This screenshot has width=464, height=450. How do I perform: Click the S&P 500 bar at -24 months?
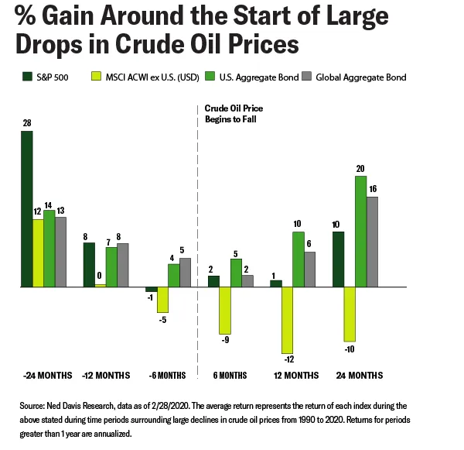27,209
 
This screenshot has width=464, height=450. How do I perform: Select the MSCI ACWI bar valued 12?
38,253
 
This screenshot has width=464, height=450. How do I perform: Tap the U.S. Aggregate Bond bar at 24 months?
360,232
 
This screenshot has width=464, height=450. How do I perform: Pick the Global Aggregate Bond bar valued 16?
371,242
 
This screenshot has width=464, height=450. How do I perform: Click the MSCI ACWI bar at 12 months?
287,320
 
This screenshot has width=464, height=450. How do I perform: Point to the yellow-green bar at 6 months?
225,311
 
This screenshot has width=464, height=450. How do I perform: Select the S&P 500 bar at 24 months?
338,259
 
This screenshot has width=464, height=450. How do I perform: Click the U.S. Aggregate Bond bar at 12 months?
298,259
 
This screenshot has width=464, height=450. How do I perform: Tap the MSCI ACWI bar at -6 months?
162,300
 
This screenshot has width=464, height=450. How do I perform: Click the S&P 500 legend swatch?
26,77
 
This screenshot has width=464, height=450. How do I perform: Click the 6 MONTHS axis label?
230,375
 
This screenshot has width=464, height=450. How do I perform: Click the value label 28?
26,124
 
